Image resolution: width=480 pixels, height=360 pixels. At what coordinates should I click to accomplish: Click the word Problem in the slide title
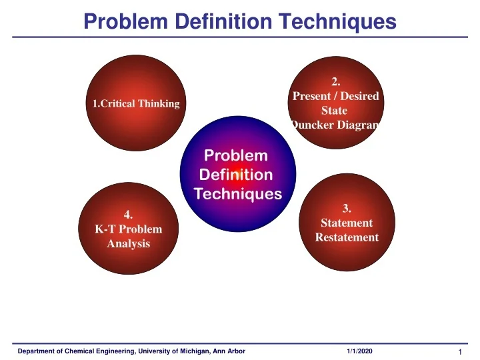point(123,22)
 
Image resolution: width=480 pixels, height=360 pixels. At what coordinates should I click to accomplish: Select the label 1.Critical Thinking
point(136,103)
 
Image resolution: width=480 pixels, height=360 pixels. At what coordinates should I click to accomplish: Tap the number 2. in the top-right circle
point(335,83)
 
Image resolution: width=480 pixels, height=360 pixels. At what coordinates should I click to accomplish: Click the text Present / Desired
point(335,97)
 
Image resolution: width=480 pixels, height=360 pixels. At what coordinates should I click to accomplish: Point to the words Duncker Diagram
point(335,125)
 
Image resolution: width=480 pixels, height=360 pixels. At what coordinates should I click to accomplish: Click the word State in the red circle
point(335,111)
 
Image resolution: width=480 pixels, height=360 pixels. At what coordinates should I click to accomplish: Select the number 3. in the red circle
point(347,209)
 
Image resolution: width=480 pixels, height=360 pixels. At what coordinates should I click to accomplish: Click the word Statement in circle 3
point(347,223)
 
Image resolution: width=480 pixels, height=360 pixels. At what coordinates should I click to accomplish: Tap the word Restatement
point(347,237)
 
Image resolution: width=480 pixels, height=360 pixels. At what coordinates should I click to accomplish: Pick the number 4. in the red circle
point(129,215)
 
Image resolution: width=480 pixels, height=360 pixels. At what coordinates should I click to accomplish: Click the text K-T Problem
point(129,229)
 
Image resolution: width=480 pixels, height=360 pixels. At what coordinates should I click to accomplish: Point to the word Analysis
point(129,243)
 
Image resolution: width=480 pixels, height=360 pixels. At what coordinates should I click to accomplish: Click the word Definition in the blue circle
point(235,175)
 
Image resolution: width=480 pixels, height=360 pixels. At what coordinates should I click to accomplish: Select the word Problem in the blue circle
point(235,155)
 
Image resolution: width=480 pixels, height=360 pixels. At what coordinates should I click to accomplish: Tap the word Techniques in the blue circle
point(237,194)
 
